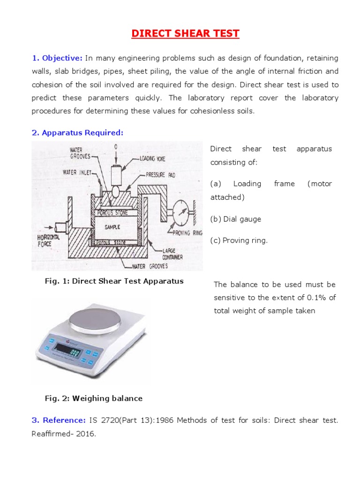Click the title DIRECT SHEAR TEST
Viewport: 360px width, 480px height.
click(x=185, y=34)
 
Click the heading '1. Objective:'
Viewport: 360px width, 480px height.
click(x=57, y=58)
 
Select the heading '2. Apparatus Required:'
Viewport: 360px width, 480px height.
click(x=77, y=133)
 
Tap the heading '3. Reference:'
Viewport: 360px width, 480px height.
click(x=59, y=420)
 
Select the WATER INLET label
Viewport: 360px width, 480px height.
click(x=76, y=172)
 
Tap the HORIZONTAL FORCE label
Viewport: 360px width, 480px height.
click(x=50, y=241)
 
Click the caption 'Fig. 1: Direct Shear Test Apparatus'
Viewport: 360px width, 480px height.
click(x=114, y=281)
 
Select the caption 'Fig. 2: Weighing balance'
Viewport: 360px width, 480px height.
click(x=93, y=398)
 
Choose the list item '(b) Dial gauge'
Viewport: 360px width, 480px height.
click(x=235, y=219)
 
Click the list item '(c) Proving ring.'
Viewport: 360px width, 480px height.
click(x=239, y=240)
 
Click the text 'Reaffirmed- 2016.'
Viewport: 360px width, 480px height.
click(x=64, y=434)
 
